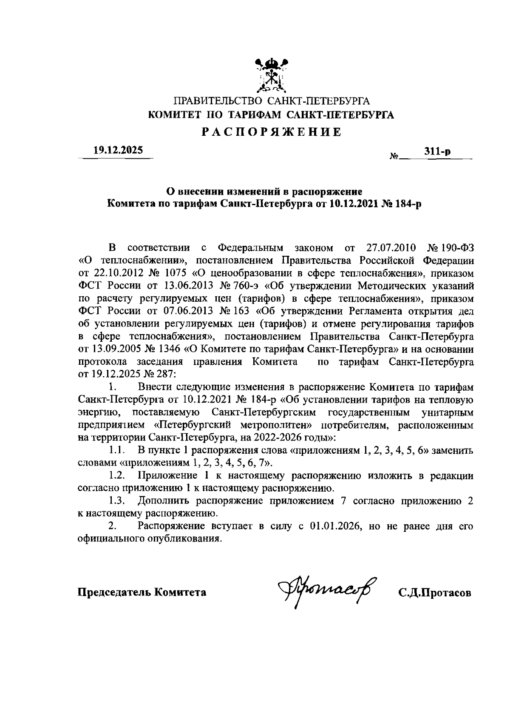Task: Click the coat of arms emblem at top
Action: tap(271, 75)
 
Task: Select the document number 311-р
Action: tap(438, 152)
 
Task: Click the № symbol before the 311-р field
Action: tap(393, 157)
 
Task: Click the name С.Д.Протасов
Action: tap(434, 593)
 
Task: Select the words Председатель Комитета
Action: tap(142, 592)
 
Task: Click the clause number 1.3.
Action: tap(116, 501)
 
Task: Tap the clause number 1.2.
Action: tap(116, 475)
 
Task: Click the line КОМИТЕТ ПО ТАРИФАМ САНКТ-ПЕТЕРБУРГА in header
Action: tap(271, 115)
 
